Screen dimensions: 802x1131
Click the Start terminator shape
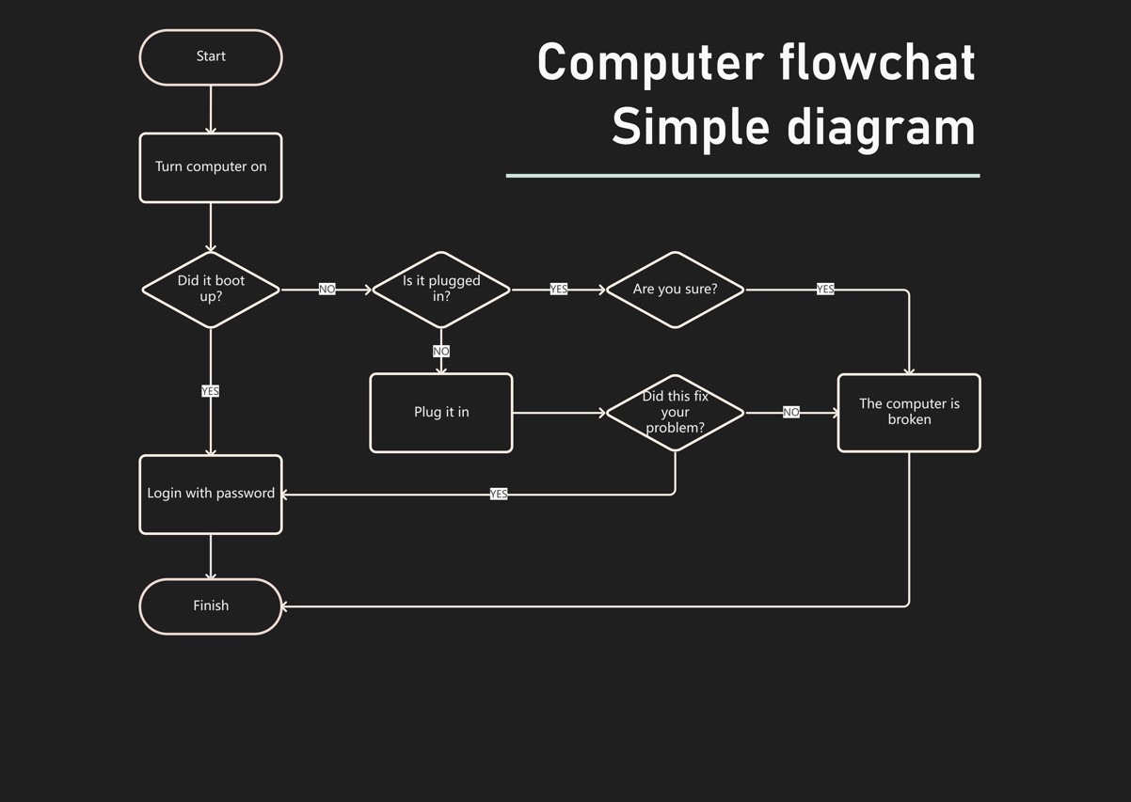211,57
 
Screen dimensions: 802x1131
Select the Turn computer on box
211,167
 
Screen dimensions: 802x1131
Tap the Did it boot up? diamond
211,290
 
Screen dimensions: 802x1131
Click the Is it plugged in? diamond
441,290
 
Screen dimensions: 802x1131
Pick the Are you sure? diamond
675,290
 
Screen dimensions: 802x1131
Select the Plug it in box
441,413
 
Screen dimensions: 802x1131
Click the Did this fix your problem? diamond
675,413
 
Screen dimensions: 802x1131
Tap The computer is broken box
909,413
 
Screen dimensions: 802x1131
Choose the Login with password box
211,495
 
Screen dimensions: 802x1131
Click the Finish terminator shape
211,606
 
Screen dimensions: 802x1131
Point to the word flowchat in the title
877,63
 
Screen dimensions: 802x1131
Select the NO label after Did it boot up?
327,290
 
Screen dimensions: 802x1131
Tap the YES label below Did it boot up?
211,391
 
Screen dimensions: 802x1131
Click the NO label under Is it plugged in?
441,352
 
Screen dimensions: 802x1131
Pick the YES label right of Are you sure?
825,290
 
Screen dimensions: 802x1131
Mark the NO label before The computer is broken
791,413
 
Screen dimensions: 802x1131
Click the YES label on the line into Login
499,495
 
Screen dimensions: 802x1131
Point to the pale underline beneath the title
742,175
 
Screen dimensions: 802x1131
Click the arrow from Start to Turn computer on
211,109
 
